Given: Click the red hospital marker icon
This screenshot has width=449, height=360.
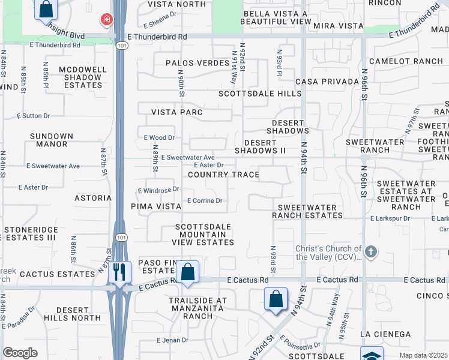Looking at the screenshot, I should [106, 20].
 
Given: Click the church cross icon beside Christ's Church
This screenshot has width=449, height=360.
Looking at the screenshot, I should [371, 251].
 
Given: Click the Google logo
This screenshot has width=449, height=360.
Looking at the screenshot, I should [20, 353].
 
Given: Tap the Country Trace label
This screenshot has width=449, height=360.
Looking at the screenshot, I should [223, 175].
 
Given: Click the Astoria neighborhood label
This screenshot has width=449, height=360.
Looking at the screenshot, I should [93, 197].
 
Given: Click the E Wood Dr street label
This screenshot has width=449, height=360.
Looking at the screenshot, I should [158, 137].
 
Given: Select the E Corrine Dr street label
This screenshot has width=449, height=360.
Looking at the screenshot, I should [205, 200].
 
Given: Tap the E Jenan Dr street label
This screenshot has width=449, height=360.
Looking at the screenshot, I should [172, 340].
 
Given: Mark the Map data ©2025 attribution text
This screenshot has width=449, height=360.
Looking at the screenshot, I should [423, 355].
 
